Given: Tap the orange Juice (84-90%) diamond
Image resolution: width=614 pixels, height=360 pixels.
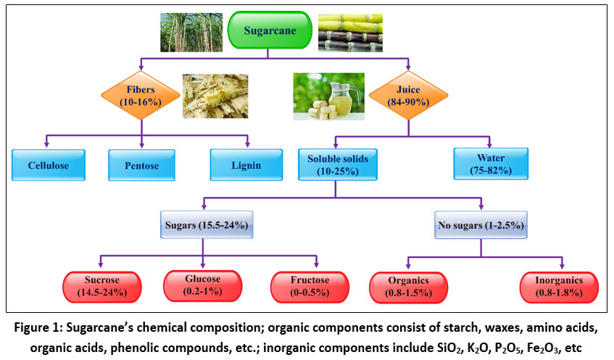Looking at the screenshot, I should click(399, 95).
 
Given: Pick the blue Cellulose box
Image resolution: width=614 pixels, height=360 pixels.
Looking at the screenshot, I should click(49, 165).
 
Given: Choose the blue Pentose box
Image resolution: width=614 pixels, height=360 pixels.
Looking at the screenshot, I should click(141, 165).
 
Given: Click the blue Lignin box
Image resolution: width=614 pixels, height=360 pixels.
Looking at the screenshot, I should click(246, 165).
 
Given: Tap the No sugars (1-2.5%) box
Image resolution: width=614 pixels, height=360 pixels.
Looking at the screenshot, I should click(481, 226).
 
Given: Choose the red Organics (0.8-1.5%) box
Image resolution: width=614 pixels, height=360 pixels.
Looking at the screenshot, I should click(408, 286).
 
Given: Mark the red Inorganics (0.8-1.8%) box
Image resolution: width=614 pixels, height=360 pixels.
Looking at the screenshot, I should click(558, 286).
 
